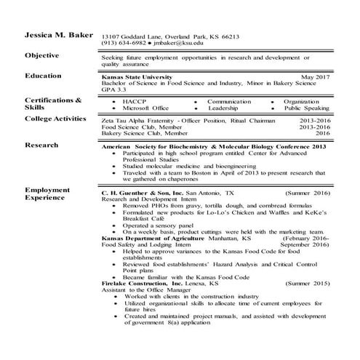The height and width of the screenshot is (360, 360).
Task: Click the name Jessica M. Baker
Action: point(55,36)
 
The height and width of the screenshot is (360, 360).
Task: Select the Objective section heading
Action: point(47,56)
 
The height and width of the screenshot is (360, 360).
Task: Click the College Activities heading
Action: point(60,119)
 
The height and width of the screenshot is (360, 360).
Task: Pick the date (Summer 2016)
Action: point(308,194)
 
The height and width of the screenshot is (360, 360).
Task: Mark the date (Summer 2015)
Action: point(308,283)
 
